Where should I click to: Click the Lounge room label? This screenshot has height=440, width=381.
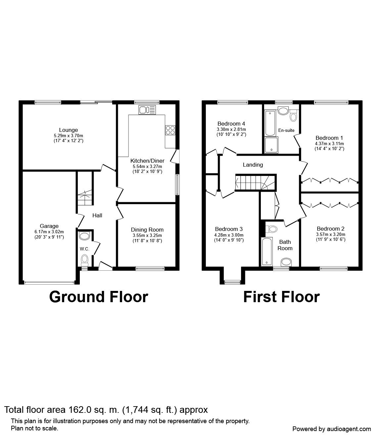(68, 130)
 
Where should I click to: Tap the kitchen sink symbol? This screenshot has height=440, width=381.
(147, 110)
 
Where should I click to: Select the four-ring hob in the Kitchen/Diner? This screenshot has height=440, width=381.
(170, 130)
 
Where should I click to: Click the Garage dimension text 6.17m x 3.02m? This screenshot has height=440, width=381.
(49, 232)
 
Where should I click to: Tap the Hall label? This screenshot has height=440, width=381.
(97, 215)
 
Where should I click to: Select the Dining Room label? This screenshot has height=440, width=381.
(147, 230)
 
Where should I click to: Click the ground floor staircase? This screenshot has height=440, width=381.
(85, 197)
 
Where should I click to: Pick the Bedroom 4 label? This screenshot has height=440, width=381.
(231, 124)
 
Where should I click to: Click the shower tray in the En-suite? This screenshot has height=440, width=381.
(271, 145)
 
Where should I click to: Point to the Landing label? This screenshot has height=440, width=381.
(253, 165)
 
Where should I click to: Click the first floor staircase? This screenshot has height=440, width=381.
(255, 183)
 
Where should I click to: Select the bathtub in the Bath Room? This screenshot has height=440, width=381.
(267, 252)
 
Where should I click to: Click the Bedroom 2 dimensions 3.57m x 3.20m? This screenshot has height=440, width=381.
(331, 234)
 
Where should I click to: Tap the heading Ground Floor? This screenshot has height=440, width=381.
(99, 297)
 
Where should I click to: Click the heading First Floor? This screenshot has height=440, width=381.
(281, 297)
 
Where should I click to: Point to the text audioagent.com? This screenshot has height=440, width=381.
(349, 429)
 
